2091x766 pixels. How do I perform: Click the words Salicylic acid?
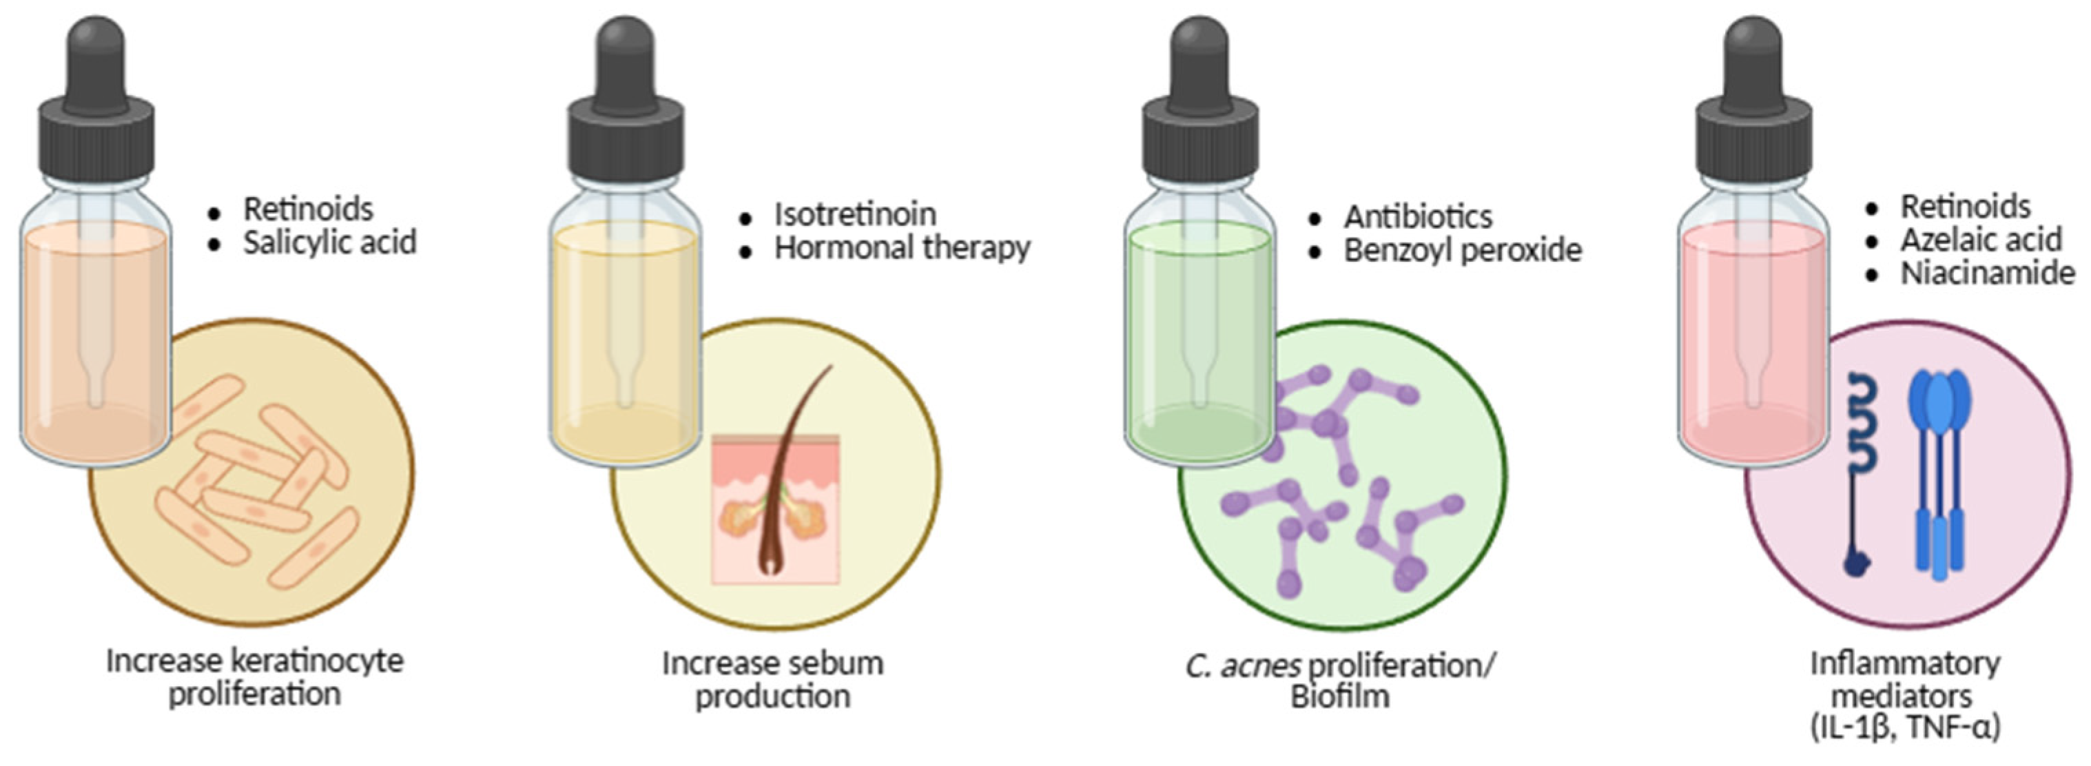click(329, 242)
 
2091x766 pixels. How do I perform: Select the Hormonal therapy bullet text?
click(902, 248)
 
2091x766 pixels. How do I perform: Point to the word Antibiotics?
click(1417, 217)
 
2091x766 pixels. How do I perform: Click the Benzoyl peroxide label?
click(1462, 251)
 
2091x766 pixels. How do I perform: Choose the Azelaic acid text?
click(1980, 240)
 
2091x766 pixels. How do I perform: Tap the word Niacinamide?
click(1987, 274)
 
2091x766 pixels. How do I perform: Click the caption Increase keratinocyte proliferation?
click(255, 676)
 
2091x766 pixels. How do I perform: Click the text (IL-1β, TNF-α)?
click(1904, 728)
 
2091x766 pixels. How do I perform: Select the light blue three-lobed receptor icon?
click(1940, 470)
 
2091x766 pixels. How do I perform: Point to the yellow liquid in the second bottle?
click(625, 341)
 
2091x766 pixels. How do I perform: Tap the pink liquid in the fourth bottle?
click(1753, 341)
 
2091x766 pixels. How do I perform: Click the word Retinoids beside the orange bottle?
click(309, 209)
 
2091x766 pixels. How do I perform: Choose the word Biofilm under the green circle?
click(1339, 697)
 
